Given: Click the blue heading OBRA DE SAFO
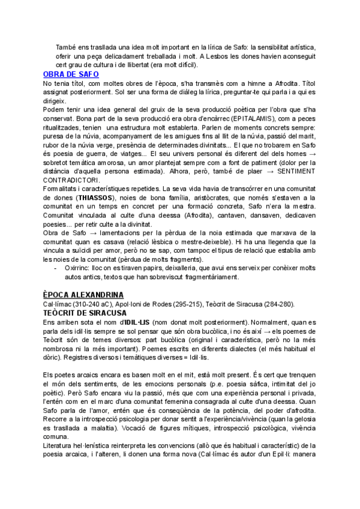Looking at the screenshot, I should pos(70,74).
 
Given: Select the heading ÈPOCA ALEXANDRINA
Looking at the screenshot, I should pos(83,294).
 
